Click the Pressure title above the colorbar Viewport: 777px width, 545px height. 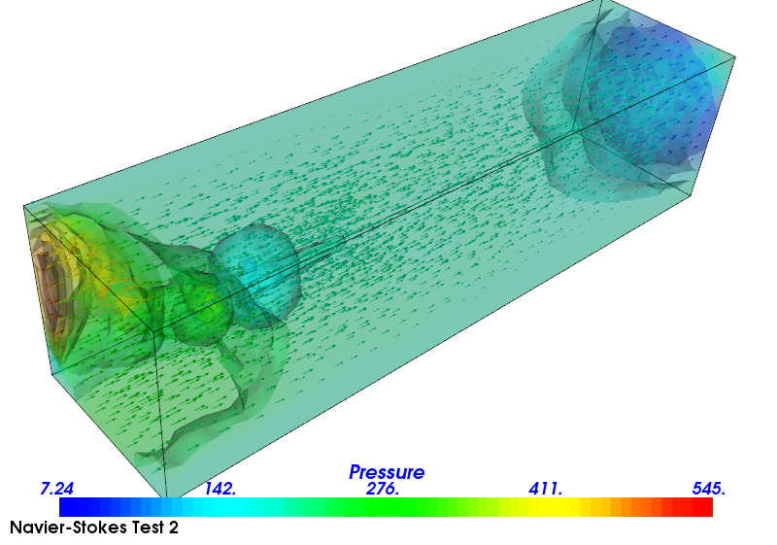click(387, 472)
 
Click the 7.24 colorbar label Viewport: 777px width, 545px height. click(57, 488)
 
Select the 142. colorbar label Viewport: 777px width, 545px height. click(220, 488)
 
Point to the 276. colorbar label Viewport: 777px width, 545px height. click(383, 488)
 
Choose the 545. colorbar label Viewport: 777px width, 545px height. click(709, 488)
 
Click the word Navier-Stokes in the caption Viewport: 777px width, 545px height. click(61, 528)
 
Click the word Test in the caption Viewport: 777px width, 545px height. click(137, 528)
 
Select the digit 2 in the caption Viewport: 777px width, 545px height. click(173, 528)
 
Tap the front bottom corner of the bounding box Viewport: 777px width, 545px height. click(165, 498)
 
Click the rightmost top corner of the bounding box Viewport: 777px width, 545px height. click(735, 57)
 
